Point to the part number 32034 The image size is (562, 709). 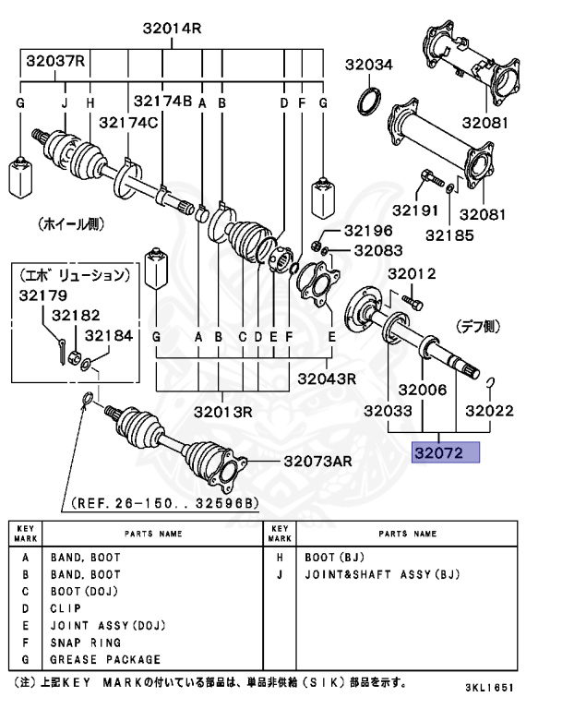tap(369, 65)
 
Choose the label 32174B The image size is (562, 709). tap(162, 101)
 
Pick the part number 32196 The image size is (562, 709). tap(368, 231)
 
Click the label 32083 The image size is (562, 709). tap(378, 250)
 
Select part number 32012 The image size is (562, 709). tap(411, 274)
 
